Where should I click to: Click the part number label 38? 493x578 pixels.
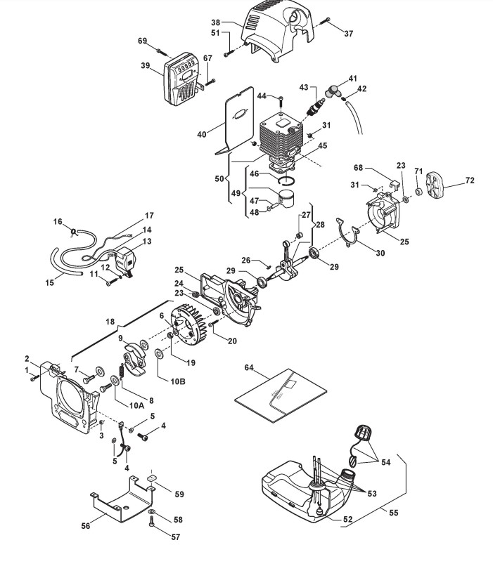click(216, 22)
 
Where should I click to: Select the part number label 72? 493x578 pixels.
click(470, 180)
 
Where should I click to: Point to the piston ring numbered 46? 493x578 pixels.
click(287, 180)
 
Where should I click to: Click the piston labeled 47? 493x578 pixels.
click(286, 199)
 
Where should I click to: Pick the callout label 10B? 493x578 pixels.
click(178, 381)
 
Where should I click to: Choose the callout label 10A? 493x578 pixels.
click(136, 405)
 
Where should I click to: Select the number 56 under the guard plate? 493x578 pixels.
click(86, 525)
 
